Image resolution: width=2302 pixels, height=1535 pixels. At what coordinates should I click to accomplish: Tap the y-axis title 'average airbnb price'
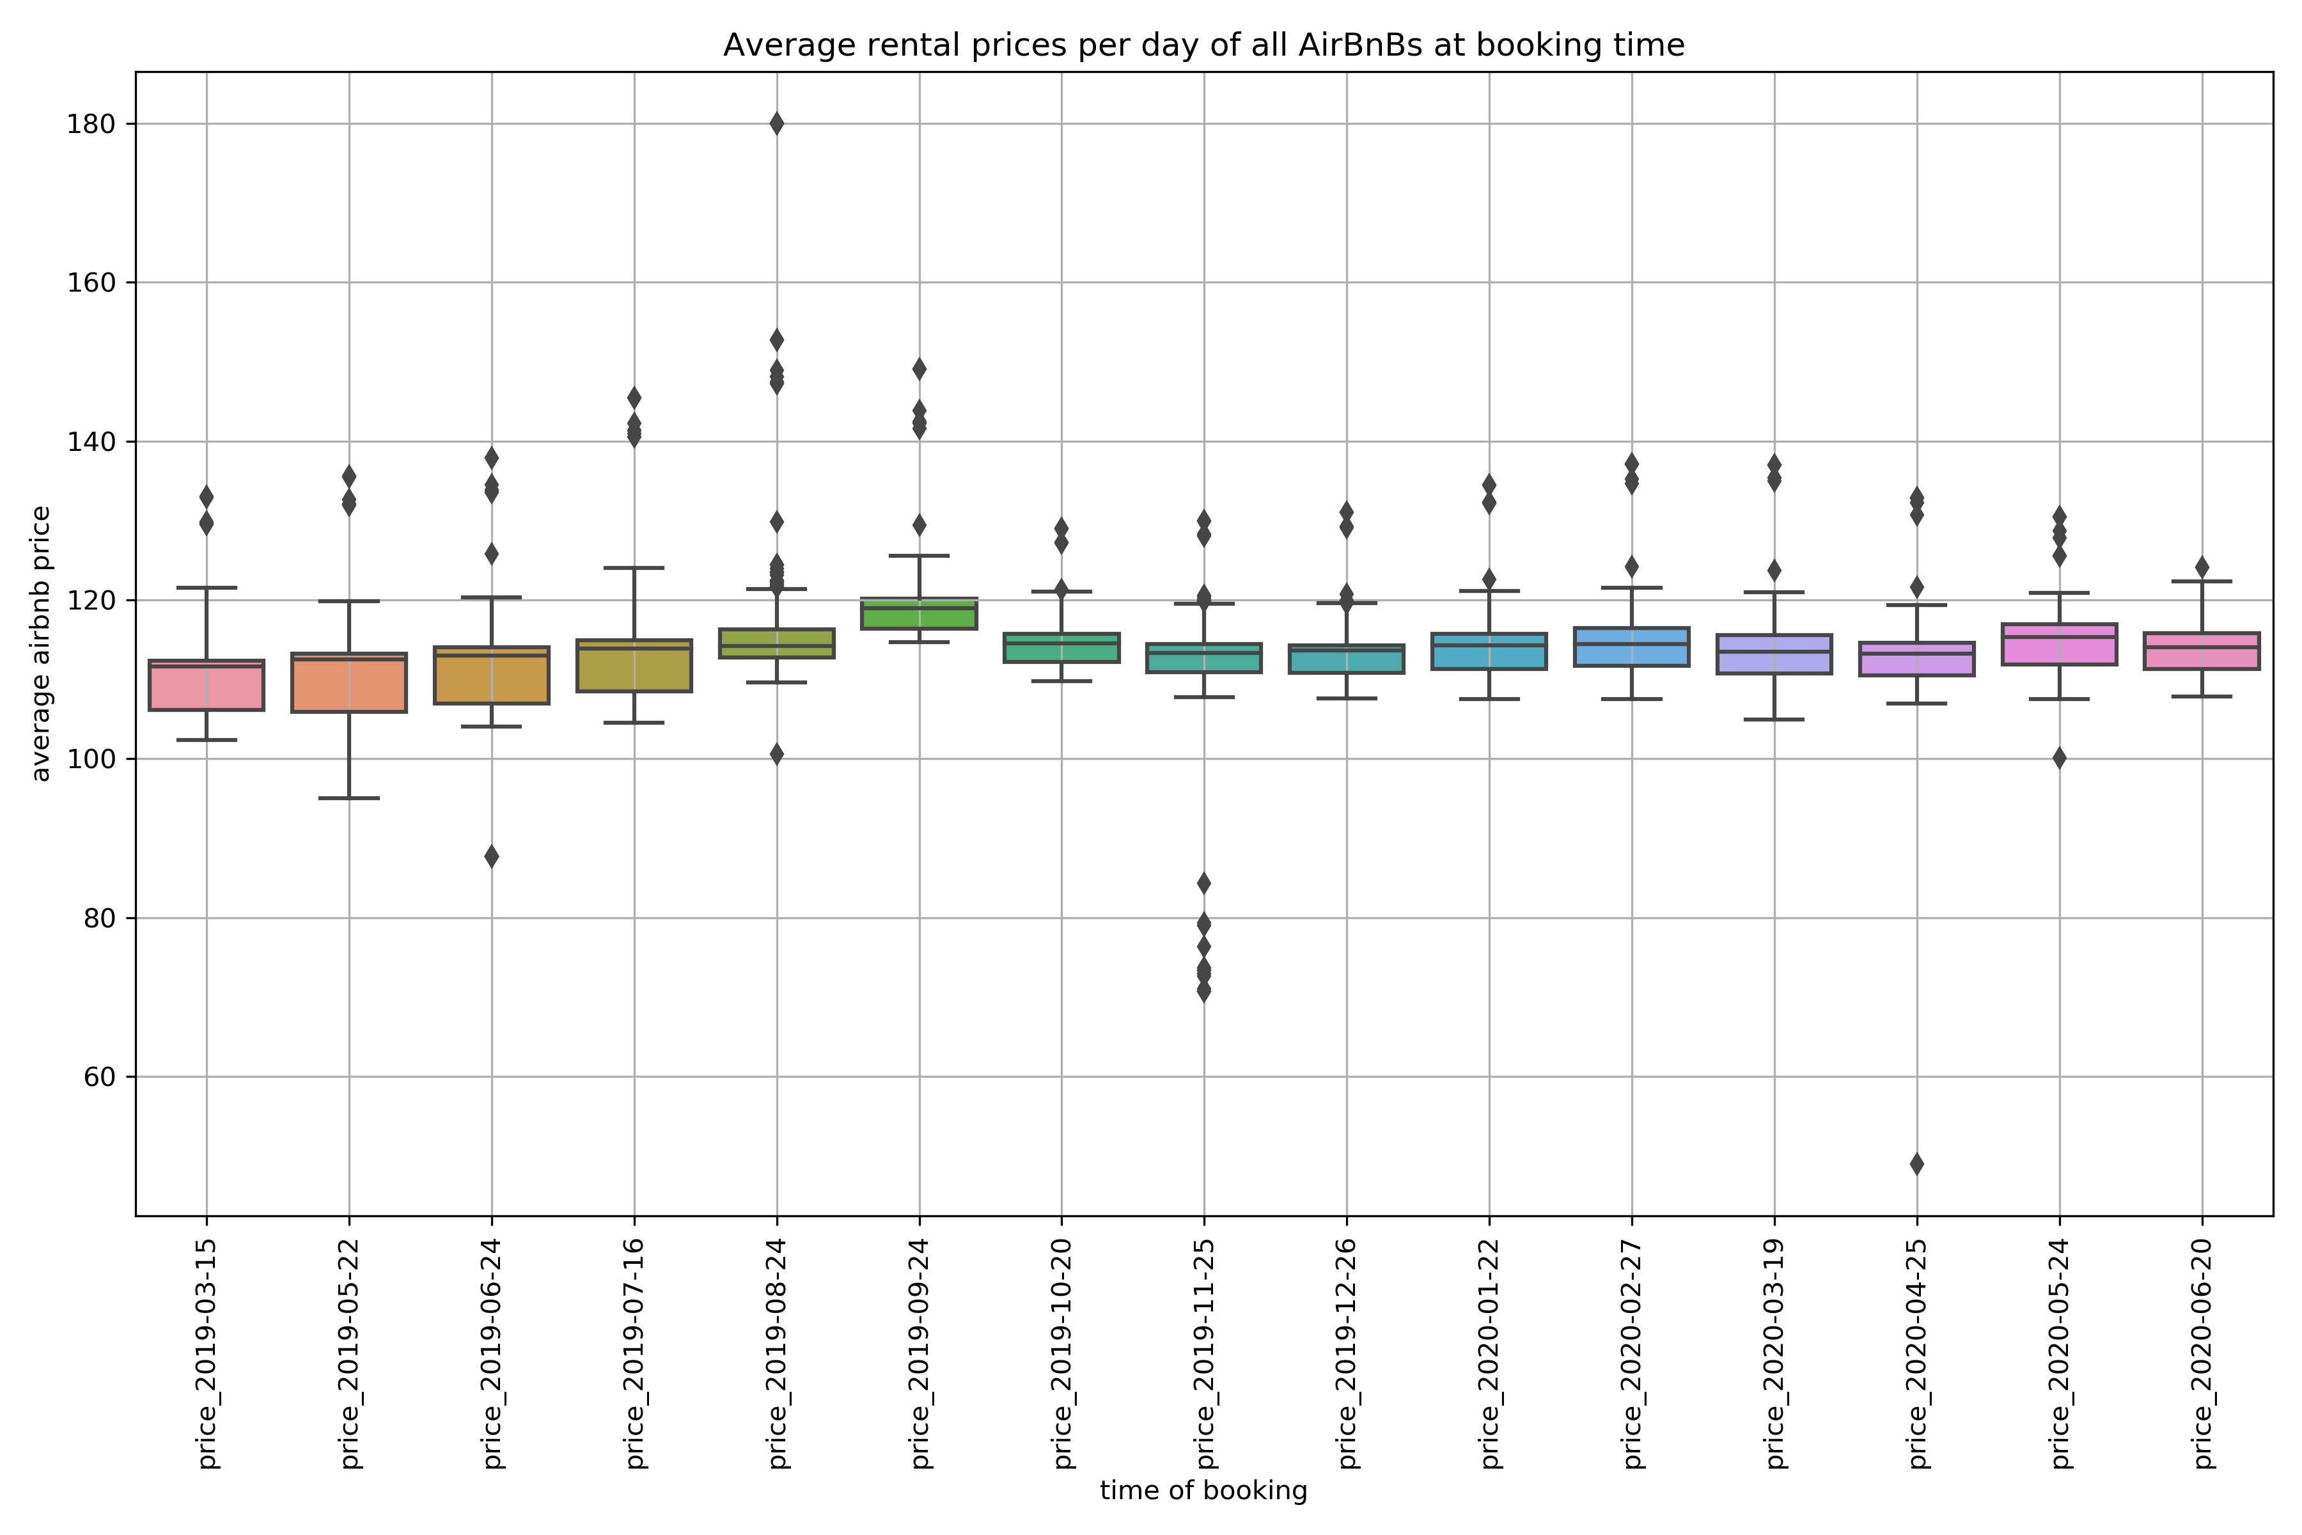41,643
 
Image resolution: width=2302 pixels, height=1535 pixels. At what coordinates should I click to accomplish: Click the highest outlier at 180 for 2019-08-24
776,123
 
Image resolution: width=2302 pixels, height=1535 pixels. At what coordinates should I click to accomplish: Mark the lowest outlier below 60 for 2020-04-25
1916,1164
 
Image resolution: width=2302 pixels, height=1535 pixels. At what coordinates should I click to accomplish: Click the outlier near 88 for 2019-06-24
491,856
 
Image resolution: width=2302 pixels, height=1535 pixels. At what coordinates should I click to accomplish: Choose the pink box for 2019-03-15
207,685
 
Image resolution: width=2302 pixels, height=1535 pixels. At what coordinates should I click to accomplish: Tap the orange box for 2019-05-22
349,683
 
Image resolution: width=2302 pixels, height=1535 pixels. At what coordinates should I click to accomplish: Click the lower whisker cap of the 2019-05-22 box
349,798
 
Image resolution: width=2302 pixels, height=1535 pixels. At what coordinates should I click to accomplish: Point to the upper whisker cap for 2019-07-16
634,568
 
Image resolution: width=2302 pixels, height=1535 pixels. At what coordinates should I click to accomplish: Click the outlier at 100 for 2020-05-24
2059,758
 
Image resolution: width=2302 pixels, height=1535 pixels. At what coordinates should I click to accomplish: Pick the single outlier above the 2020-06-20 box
2202,567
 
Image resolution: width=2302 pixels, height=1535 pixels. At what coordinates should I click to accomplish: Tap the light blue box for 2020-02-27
1632,647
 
